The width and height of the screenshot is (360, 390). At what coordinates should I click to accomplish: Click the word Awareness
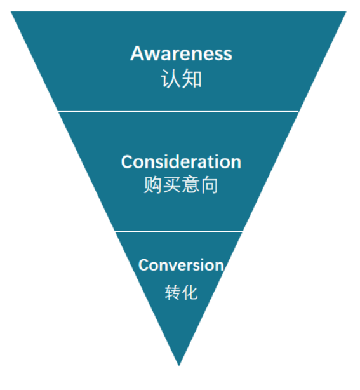(181, 53)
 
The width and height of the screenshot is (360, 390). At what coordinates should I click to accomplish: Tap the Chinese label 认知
(181, 79)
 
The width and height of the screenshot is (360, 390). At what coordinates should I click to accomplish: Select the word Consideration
(181, 162)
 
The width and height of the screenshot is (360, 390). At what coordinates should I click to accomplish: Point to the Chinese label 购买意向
(181, 185)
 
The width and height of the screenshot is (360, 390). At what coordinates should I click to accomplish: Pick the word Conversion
(181, 265)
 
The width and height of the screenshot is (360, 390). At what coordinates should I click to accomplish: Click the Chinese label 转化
(181, 292)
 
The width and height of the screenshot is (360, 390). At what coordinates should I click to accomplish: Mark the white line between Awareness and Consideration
(178, 111)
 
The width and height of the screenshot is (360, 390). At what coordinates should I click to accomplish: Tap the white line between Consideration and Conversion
(178, 231)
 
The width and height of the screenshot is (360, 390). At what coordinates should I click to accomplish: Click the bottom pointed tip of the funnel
(179, 365)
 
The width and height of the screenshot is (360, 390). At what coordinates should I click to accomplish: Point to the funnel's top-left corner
(13, 13)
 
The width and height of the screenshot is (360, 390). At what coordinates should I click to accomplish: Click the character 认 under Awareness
(171, 79)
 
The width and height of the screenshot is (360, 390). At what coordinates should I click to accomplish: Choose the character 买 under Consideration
(171, 185)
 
